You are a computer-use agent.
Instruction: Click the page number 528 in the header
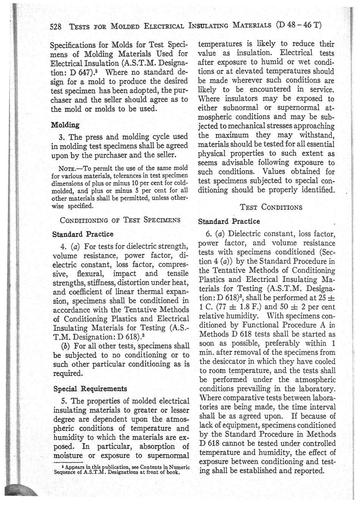[x=56, y=26]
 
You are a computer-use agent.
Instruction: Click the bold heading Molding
[x=65, y=125]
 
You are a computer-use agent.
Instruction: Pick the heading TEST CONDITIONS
[x=271, y=207]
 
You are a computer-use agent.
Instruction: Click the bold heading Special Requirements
[x=90, y=389]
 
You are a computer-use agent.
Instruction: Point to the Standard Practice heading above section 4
[x=82, y=234]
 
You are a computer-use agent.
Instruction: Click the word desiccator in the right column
[x=231, y=362]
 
